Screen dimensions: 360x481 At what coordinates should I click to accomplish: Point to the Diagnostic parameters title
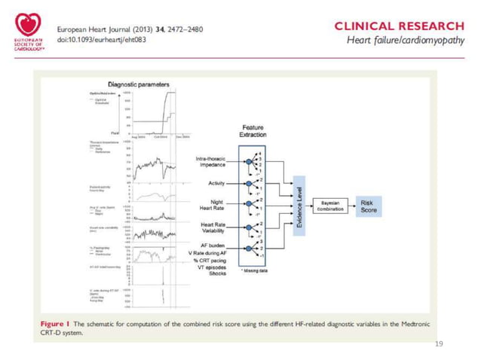[x=139, y=85]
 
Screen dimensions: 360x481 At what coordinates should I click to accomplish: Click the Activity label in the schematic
[x=219, y=183]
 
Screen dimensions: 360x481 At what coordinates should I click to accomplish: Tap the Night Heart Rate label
[x=214, y=205]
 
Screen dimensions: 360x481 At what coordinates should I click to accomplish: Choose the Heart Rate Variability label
[x=213, y=227]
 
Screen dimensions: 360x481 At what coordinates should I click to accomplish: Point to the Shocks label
[x=219, y=274]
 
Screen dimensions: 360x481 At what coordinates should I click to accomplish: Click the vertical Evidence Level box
[x=301, y=204]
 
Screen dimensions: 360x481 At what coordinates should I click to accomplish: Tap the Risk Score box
[x=368, y=206]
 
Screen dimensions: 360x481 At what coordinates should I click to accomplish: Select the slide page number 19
[x=440, y=343]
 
